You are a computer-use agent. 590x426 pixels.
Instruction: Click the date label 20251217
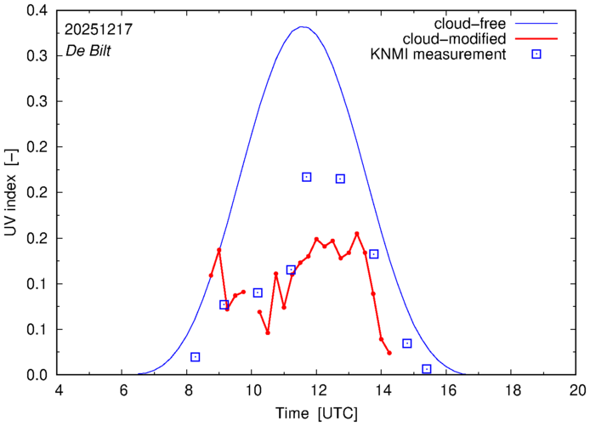coord(98,28)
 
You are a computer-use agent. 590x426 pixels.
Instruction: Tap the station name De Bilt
coord(88,51)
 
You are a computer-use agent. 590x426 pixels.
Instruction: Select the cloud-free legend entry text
coord(473,23)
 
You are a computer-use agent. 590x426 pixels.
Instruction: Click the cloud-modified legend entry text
coord(459,39)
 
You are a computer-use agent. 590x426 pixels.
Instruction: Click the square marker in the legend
coord(536,55)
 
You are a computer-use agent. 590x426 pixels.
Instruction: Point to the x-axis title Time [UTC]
coord(316,414)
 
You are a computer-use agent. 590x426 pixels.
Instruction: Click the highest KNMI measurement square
coord(307,177)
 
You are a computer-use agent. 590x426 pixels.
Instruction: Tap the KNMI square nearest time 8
coord(196,357)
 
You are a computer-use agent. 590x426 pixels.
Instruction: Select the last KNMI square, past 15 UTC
coord(427,369)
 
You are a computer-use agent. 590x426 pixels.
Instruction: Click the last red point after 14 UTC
coord(389,353)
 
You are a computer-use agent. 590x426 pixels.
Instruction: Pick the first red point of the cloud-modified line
coord(211,275)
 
